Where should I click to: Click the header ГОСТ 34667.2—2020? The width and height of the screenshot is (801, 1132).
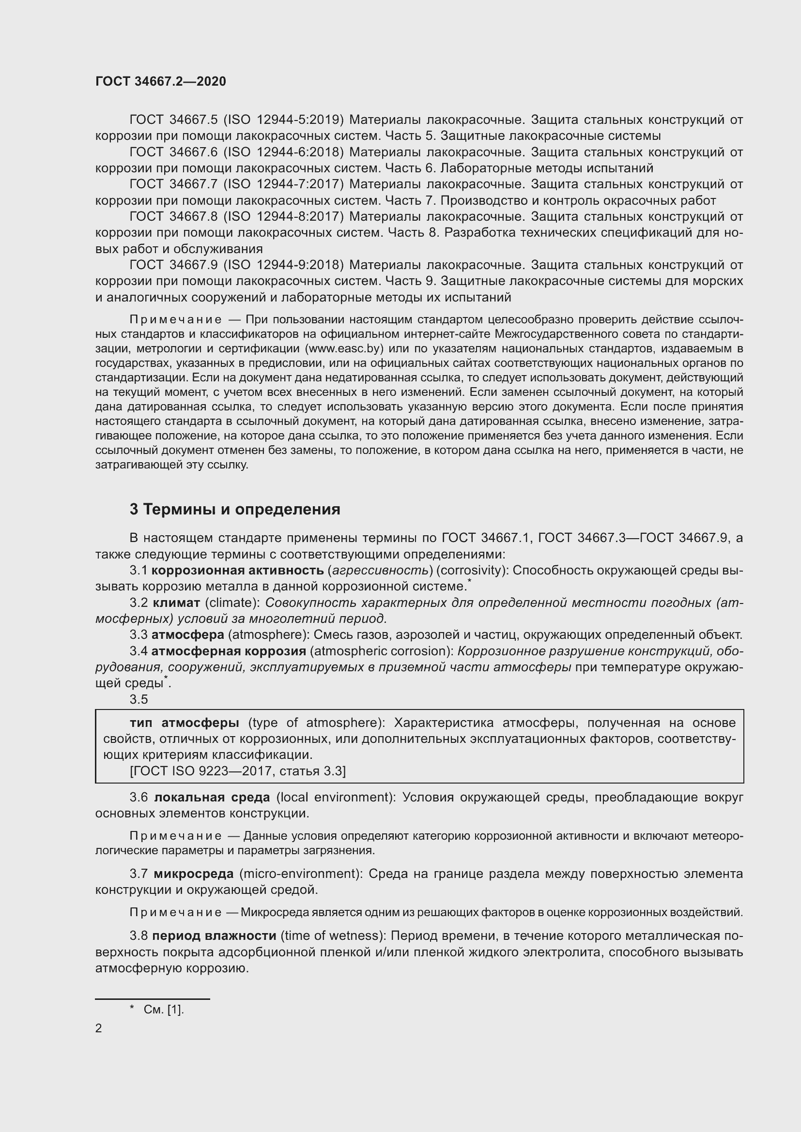160,81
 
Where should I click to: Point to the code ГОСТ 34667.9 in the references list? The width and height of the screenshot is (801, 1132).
173,265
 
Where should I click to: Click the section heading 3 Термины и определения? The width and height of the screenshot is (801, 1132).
235,509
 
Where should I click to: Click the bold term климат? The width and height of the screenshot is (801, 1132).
176,603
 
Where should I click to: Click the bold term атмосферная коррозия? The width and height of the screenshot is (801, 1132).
229,651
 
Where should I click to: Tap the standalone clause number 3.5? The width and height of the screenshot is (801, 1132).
139,699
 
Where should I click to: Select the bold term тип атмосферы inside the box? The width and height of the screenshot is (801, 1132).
185,723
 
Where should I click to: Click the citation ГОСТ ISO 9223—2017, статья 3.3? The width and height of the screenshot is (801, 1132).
238,771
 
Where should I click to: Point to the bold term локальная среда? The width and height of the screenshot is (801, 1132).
212,797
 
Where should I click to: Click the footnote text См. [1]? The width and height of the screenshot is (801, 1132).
164,1010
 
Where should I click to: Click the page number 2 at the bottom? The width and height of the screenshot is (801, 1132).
99,1028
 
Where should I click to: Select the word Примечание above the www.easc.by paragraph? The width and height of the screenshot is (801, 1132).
175,320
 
